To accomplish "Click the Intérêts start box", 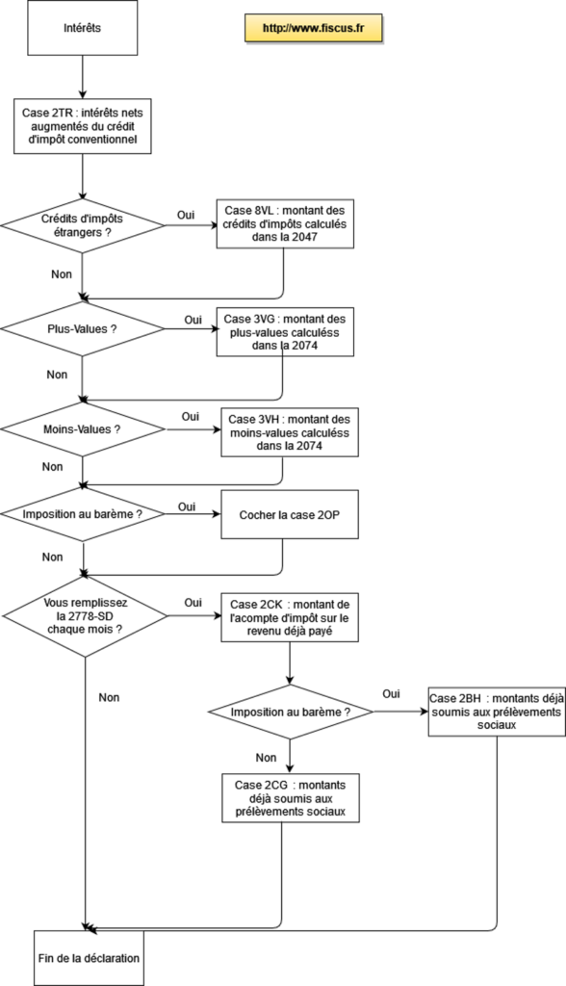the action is point(82,28).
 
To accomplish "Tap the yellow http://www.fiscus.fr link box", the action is point(313,28).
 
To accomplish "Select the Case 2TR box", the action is point(83,126).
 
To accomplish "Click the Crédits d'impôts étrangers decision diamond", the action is point(83,225).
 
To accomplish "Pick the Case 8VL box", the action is point(285,223).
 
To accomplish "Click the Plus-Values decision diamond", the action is point(83,329).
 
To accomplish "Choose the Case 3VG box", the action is point(285,332).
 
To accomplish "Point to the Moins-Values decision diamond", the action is point(83,429).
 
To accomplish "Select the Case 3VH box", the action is point(290,432).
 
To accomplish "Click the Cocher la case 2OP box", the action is point(290,514).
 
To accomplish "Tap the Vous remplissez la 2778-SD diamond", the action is point(85,616).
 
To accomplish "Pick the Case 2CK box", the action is point(290,617).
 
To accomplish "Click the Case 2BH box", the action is point(497,712).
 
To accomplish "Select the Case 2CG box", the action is point(291,798).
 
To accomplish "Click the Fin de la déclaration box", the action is point(89,958).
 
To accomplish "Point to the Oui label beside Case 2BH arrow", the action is point(391,693).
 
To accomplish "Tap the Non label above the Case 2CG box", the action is point(266,758).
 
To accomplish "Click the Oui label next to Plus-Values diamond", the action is point(193,320).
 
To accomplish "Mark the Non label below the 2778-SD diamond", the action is point(109,697).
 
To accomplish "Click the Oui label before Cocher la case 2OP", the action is point(187,506).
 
